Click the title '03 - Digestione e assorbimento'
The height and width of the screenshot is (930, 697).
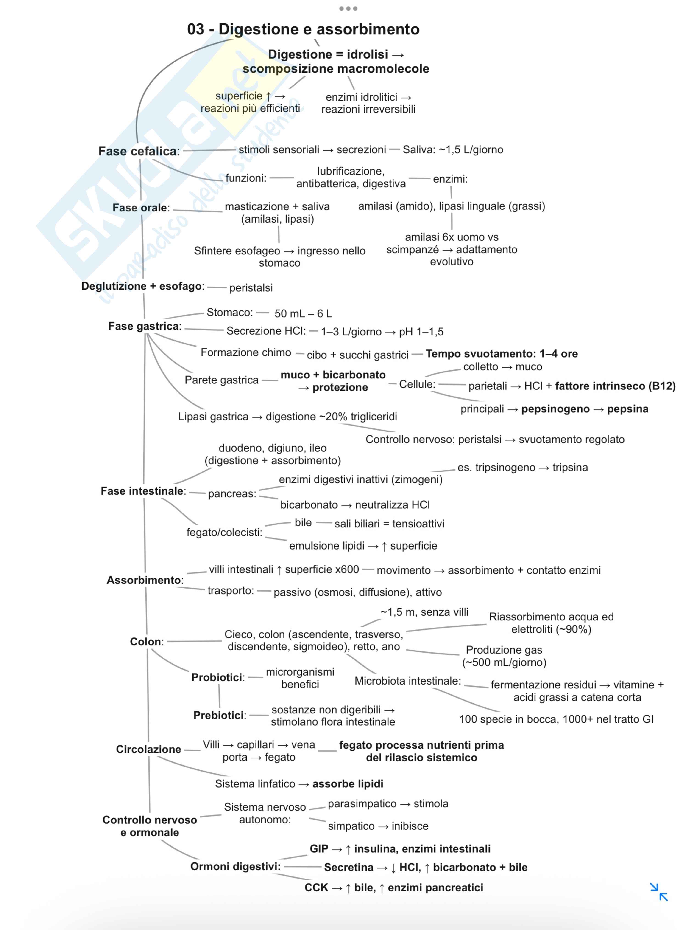click(x=303, y=29)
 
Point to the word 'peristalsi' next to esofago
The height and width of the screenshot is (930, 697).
click(x=251, y=288)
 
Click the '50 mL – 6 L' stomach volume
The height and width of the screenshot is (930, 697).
click(x=303, y=314)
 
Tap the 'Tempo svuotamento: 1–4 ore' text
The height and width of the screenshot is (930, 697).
click(x=501, y=354)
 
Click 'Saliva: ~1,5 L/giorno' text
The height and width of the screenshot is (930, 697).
click(x=452, y=150)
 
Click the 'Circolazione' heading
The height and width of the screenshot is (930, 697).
click(x=148, y=749)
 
